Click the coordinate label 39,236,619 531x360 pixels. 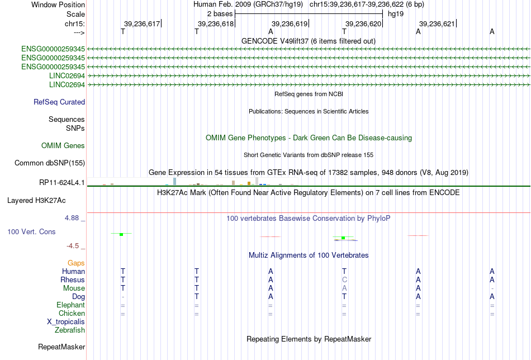coord(290,23)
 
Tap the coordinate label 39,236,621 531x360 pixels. coord(437,23)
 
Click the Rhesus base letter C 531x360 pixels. coord(344,280)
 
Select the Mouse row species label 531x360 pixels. coord(74,288)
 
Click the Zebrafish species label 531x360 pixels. coord(70,330)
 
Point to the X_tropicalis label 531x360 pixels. coord(66,322)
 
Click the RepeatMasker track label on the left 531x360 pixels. coord(61,347)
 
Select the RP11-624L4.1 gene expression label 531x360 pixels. coord(62,183)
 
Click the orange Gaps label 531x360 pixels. coord(76,263)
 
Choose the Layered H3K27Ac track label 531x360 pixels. coord(36,201)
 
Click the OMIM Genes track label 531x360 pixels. coord(63,146)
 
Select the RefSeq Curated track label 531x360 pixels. coord(59,102)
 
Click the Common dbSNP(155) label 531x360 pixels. coord(50,163)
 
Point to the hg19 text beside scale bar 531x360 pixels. coord(396,14)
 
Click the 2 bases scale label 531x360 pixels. coord(220,14)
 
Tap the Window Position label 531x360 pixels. coord(58,4)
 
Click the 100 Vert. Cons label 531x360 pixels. coord(31,231)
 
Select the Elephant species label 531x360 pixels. coord(71,305)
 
